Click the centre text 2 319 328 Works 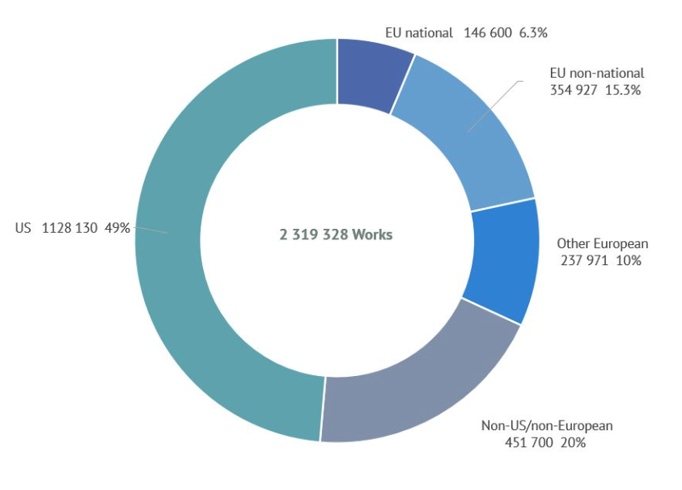tap(336, 234)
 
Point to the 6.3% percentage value tap(535, 33)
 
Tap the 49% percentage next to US tap(117, 228)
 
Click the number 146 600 tap(488, 33)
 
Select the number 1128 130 tap(70, 228)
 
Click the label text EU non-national tap(596, 73)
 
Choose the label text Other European tap(603, 243)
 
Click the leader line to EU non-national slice tap(494, 106)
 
